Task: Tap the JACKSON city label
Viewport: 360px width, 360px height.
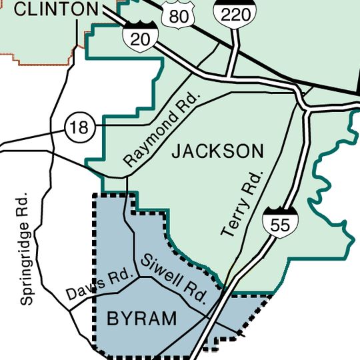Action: (217, 151)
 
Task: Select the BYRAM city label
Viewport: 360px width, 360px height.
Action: (142, 319)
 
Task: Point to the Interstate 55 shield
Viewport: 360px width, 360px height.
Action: (280, 222)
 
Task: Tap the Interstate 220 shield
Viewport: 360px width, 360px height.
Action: (229, 11)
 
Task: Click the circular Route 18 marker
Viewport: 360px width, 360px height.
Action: (79, 127)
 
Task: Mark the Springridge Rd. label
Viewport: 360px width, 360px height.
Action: (25, 249)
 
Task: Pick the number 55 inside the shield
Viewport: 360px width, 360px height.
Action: (280, 225)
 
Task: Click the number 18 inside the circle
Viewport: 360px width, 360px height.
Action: (79, 127)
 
